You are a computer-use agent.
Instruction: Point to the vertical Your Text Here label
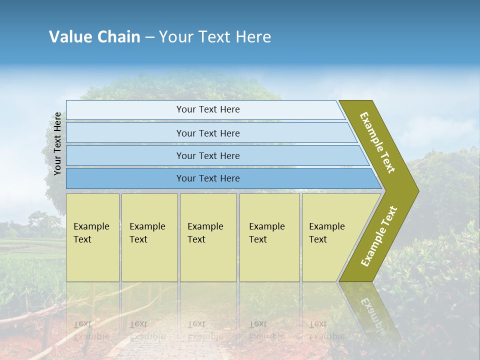click(x=57, y=143)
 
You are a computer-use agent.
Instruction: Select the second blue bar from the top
click(x=208, y=133)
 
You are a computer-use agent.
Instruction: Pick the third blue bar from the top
click(x=208, y=156)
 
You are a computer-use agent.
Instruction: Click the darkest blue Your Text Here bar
click(x=208, y=178)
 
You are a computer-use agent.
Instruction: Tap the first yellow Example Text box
click(x=92, y=237)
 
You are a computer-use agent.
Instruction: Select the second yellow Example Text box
click(x=149, y=237)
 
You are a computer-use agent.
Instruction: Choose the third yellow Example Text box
click(x=208, y=237)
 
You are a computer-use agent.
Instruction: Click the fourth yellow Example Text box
click(x=269, y=237)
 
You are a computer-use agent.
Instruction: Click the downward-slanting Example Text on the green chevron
click(x=377, y=142)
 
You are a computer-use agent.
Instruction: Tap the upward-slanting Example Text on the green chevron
click(x=379, y=236)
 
